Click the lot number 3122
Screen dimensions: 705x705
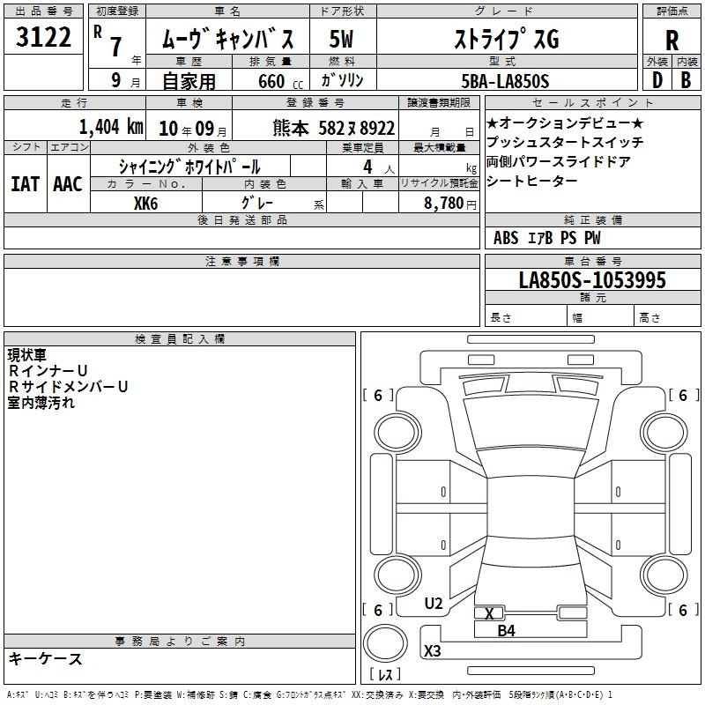tap(43, 37)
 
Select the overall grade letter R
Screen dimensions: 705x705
tap(672, 41)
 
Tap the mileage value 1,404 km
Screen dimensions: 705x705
tap(111, 127)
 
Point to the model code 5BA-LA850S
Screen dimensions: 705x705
tap(505, 81)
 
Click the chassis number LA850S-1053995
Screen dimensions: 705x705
tap(592, 280)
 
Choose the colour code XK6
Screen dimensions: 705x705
tap(145, 204)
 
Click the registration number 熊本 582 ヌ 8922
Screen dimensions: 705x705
tap(334, 128)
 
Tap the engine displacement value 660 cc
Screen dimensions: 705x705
tap(280, 82)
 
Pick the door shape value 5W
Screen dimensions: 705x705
tap(341, 39)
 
